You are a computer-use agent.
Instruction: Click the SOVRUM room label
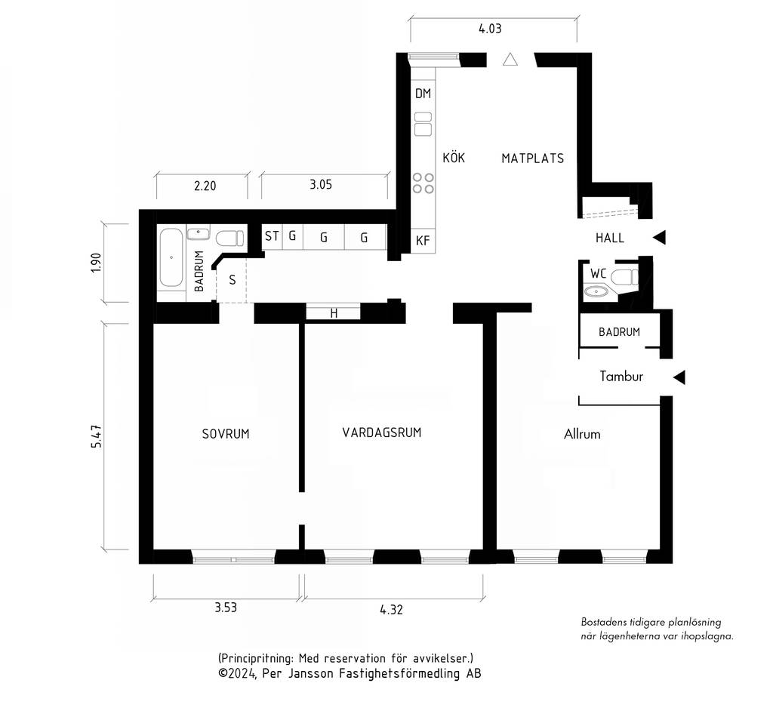[226, 434]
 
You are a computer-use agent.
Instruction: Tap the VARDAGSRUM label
[382, 432]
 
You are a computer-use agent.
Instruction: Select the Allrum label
[582, 434]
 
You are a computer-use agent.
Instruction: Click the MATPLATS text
[532, 158]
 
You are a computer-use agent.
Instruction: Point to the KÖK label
[454, 157]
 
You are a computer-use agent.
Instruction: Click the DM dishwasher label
[423, 93]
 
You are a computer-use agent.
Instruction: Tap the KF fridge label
[423, 241]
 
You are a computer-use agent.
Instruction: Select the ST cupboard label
[272, 236]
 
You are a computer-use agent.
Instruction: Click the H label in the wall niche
[334, 313]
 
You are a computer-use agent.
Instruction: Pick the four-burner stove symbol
[423, 183]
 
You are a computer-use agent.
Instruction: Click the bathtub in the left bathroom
[171, 257]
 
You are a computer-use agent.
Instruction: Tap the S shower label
[233, 280]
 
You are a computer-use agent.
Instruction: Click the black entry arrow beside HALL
[660, 238]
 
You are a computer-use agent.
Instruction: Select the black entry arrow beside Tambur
[679, 377]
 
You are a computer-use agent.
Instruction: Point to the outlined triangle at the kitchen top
[510, 60]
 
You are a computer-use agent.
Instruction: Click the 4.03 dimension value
[490, 29]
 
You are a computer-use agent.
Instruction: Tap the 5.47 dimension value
[96, 436]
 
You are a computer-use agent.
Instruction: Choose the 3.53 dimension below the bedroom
[226, 607]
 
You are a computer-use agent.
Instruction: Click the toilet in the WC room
[624, 277]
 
